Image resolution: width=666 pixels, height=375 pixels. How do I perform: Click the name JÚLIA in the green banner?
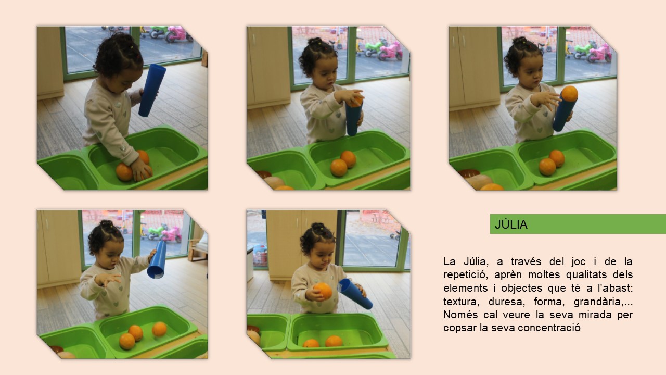[511, 224]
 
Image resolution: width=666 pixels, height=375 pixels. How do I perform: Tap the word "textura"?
[461, 302]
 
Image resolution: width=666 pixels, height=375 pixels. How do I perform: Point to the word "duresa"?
[505, 302]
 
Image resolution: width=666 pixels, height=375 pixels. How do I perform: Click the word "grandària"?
[598, 302]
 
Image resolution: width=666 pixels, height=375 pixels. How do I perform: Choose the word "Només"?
[459, 315]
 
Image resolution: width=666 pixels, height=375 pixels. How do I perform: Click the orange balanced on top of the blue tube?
[569, 93]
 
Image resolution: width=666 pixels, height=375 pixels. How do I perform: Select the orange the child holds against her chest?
[323, 291]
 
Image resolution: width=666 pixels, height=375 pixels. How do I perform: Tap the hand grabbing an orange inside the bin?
[140, 170]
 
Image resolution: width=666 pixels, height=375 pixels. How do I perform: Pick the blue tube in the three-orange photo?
[157, 260]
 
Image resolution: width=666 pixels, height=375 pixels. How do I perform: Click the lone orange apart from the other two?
[159, 329]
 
